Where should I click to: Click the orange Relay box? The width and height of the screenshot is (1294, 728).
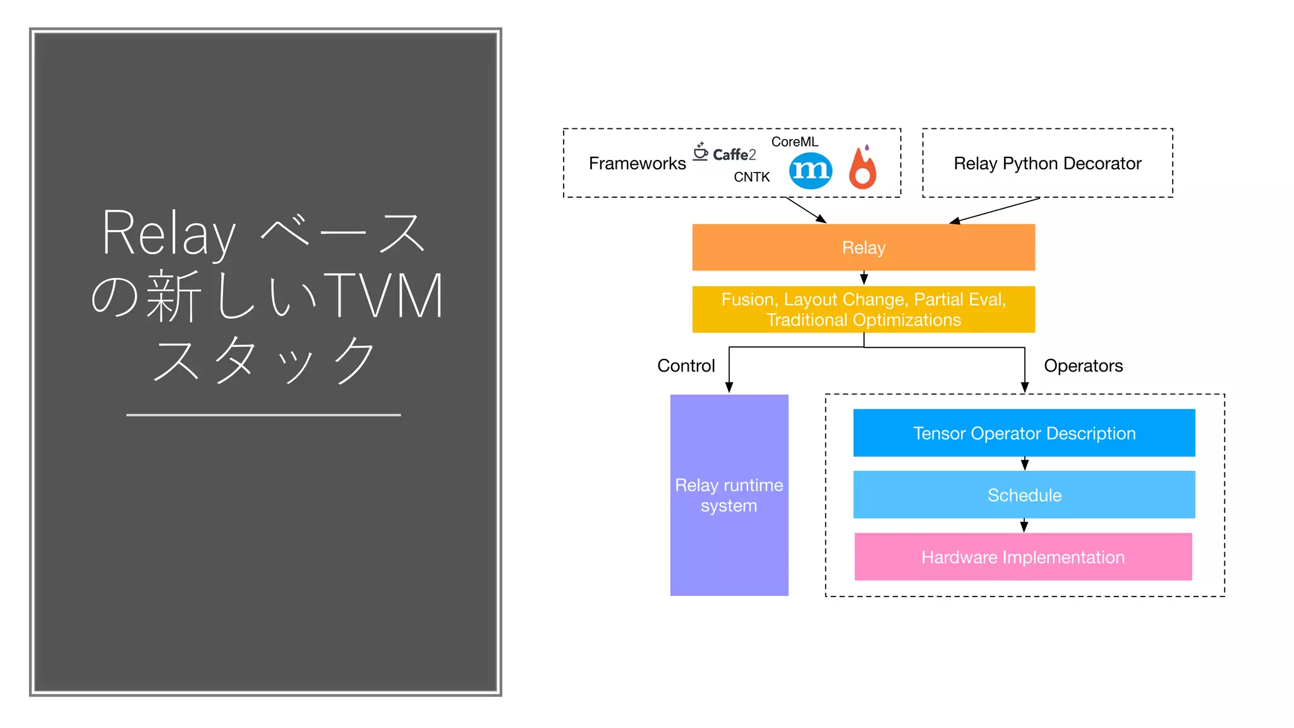[x=863, y=247]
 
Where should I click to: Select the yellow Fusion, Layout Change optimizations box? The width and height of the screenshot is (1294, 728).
[x=863, y=309]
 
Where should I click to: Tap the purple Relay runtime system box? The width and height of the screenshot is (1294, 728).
[x=729, y=495]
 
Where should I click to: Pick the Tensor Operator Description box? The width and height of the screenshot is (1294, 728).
[x=1024, y=433]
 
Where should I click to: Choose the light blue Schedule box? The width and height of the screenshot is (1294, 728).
[x=1024, y=495]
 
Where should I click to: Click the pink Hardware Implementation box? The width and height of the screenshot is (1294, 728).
[x=1022, y=557]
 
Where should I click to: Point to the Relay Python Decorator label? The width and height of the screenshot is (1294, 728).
[x=1047, y=164]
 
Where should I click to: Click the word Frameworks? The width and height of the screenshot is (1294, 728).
[x=637, y=164]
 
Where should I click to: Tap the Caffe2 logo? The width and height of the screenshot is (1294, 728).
[x=725, y=153]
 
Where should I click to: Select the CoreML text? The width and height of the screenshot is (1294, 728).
[x=794, y=142]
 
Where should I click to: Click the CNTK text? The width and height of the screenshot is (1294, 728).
[x=751, y=177]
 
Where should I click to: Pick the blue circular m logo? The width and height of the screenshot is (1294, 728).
[x=810, y=171]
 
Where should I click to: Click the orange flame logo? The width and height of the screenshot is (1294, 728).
[x=862, y=168]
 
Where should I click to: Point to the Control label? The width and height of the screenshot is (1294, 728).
[x=686, y=366]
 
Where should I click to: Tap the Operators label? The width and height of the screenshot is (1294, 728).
[x=1083, y=366]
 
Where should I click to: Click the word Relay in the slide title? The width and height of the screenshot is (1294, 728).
[x=169, y=233]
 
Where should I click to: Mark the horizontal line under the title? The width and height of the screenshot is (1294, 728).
[x=263, y=415]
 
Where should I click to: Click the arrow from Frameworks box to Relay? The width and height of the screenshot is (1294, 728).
[x=806, y=210]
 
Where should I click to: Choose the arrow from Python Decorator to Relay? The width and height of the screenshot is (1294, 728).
[x=995, y=210]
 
